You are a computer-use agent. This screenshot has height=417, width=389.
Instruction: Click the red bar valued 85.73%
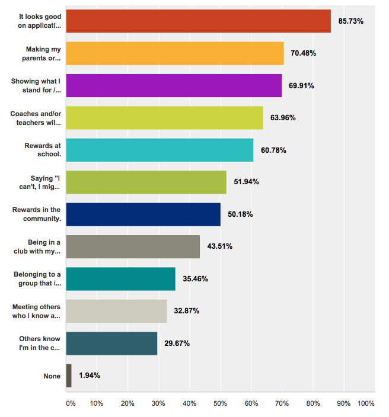coord(198,21)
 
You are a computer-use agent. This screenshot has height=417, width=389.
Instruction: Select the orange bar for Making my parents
coord(174,53)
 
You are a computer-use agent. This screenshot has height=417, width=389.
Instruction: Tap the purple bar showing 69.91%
coord(174,85)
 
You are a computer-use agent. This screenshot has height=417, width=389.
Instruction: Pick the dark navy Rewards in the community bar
coord(143,214)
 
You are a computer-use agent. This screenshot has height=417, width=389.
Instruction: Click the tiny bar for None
coord(69,376)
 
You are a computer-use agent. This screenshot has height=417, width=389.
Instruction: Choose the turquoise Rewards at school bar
coord(160,150)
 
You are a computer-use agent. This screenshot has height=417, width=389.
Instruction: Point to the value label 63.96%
coord(283,117)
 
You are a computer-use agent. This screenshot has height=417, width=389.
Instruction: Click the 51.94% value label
coord(246,182)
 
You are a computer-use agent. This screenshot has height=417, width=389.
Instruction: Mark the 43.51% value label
coord(219,246)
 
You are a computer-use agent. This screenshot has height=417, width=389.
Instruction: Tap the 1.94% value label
coord(90,376)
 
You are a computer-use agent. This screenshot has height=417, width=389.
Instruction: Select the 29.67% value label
coord(177,343)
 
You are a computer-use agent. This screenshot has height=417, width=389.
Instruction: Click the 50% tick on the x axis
coord(221,403)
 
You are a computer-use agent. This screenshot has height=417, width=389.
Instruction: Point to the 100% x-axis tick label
coord(366,403)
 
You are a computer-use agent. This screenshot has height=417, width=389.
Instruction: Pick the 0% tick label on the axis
coord(71,403)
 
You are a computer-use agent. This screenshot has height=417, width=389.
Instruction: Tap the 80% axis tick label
coord(313,403)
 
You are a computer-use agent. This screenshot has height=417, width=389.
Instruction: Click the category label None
coord(53,376)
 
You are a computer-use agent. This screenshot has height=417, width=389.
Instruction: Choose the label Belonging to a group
coord(37,278)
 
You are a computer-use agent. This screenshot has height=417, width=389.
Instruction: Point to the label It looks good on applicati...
coord(40,21)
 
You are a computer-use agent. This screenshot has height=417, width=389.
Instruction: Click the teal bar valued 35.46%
coord(121,279)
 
